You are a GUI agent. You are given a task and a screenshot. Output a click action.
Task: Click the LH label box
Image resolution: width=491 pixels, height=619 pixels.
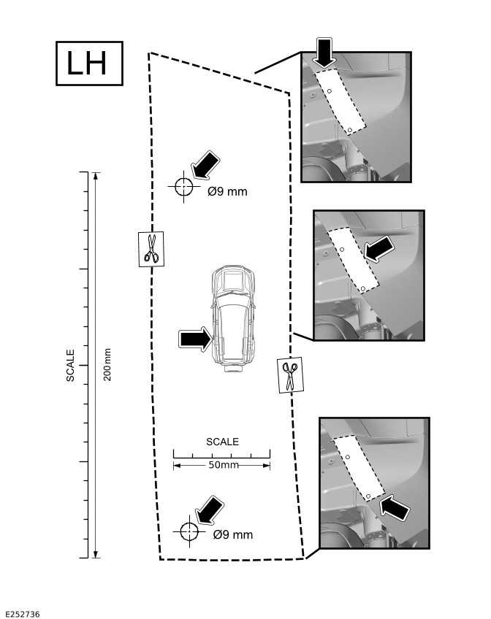[89, 64]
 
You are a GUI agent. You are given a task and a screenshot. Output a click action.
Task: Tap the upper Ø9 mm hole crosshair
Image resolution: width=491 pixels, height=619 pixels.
[183, 186]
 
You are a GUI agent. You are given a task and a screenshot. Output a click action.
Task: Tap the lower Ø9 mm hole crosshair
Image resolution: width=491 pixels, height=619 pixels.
[189, 531]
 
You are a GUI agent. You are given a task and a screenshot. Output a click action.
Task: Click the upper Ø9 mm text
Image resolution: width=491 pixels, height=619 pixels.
[227, 192]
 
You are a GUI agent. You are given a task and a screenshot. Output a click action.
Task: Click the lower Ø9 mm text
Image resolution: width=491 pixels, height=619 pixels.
[233, 535]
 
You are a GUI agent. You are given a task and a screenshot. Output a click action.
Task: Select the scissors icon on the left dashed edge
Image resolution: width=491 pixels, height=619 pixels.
[151, 249]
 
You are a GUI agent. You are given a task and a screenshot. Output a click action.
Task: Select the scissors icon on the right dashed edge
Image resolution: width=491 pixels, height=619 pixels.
[289, 375]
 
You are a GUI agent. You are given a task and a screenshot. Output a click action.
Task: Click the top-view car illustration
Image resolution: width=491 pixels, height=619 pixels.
[233, 319]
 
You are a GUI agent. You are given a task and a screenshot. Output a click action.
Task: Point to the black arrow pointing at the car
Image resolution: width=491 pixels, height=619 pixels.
[194, 339]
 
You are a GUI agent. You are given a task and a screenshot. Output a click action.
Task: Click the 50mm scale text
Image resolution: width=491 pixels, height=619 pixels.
[224, 465]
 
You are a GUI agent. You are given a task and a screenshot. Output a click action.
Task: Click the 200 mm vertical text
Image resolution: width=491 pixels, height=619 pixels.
[107, 364]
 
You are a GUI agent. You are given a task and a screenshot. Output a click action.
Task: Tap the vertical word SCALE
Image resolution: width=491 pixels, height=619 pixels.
[71, 365]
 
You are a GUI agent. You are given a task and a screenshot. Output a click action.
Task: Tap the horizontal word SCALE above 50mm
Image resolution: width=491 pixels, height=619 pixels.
[222, 442]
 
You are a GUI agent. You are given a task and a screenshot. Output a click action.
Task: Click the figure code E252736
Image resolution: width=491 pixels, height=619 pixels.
[22, 615]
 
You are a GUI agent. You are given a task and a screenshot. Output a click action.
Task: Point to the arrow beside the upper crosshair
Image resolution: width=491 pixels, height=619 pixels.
[205, 165]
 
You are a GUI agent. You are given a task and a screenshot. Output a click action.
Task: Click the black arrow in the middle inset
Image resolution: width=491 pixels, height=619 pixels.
[381, 249]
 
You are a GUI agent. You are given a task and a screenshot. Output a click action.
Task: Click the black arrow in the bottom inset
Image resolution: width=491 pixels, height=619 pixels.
[395, 506]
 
